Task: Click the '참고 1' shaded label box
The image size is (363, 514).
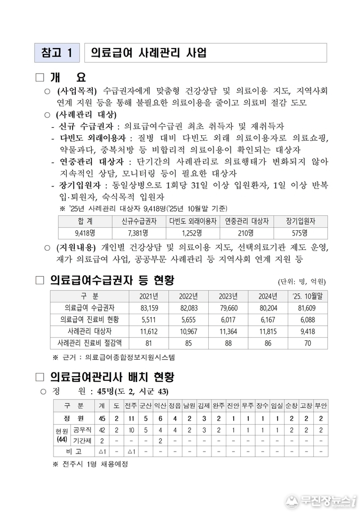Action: (56, 53)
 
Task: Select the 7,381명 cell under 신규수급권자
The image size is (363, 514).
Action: (138, 233)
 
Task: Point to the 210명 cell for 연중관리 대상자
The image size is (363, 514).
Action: (246, 233)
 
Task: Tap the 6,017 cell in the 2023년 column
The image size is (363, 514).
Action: (228, 320)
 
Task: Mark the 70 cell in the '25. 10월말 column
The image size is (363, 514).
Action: (307, 343)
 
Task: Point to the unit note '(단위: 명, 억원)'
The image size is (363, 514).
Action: (302, 282)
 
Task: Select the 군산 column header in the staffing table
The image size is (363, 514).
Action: (145, 406)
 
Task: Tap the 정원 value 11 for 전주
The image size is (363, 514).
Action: (131, 418)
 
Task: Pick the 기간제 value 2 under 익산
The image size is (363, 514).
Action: (160, 441)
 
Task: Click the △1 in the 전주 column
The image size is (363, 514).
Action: (131, 452)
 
